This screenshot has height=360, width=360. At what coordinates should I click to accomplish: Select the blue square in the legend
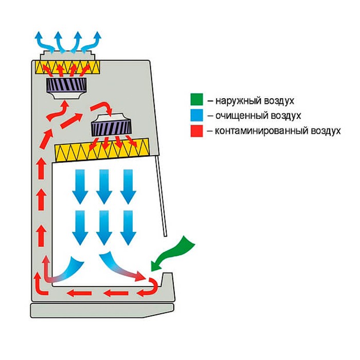pos(194,116)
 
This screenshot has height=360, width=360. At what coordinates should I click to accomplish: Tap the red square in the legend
pos(194,131)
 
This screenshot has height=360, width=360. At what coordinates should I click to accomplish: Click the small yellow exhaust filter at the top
pos(67,67)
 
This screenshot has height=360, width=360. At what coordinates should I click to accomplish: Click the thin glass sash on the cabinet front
pos(161,195)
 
